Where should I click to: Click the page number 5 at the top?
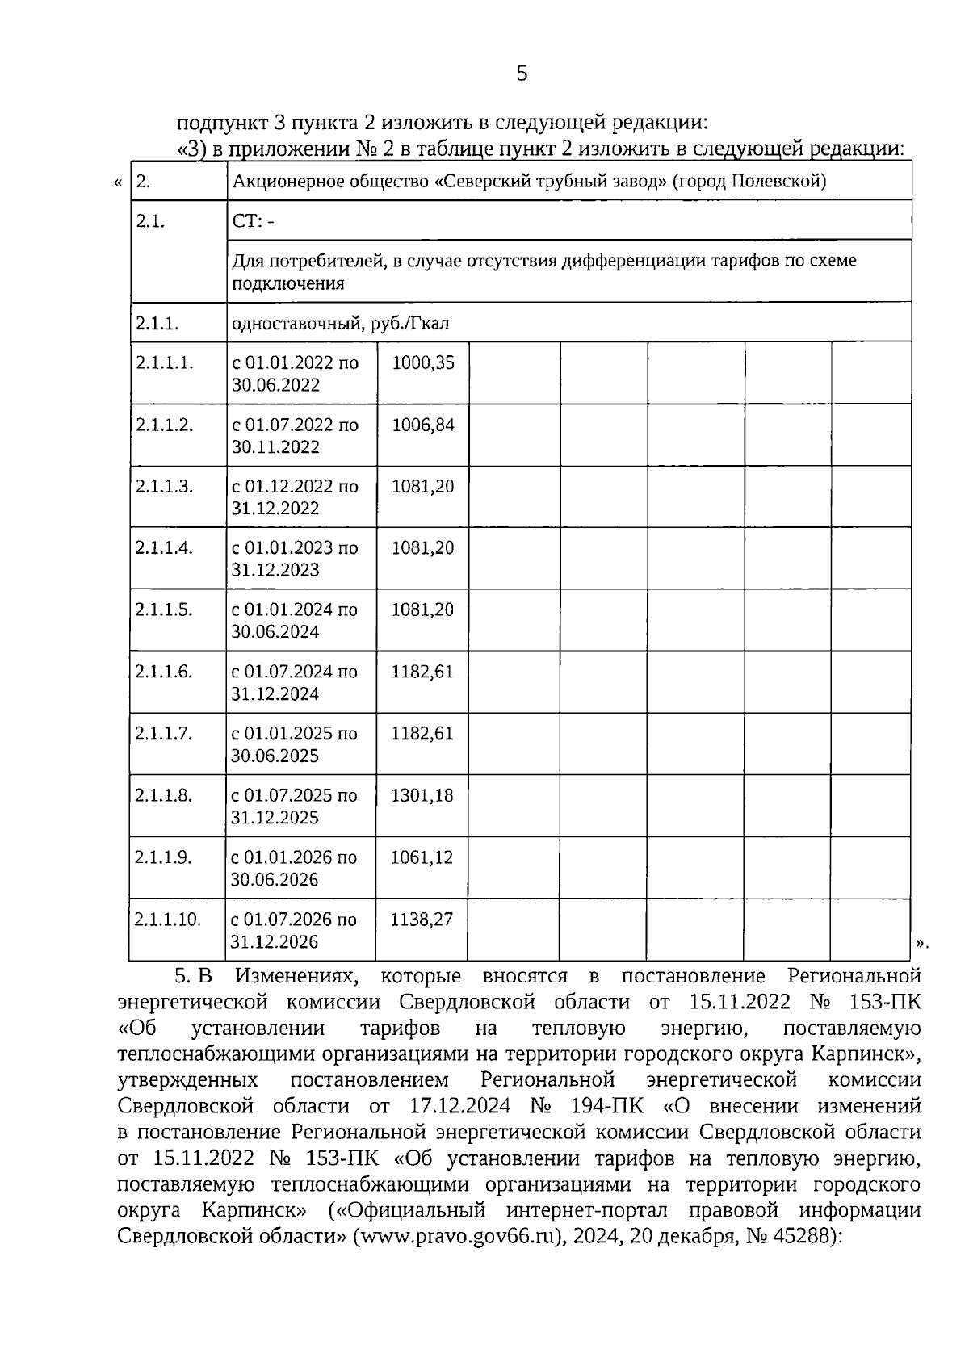pyautogui.click(x=522, y=74)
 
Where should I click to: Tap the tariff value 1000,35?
pyautogui.click(x=423, y=363)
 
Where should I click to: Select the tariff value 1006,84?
pyautogui.click(x=423, y=425)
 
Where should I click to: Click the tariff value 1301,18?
pyautogui.click(x=422, y=796)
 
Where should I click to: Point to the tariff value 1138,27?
pyautogui.click(x=422, y=920)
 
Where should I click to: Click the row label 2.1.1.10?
pyautogui.click(x=167, y=920)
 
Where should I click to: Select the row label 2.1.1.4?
pyautogui.click(x=165, y=548)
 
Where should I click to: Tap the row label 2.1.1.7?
pyautogui.click(x=164, y=734)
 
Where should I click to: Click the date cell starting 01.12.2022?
pyautogui.click(x=295, y=498)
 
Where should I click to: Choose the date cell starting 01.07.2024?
pyautogui.click(x=294, y=683)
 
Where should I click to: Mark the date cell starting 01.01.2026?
pyautogui.click(x=293, y=869)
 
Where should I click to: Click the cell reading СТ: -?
pyautogui.click(x=253, y=222)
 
